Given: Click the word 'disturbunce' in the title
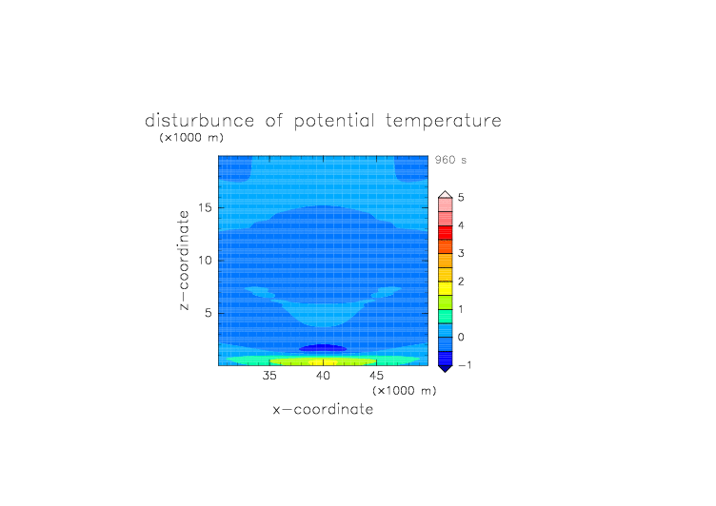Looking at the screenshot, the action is coord(200,121).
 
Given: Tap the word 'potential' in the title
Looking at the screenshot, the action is coord(334,122).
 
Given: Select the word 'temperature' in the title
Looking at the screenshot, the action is coord(444,122).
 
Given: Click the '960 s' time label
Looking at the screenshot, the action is coord(450,160).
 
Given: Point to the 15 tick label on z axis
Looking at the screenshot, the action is coord(205,207).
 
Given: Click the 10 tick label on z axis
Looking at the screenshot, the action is coord(205,261).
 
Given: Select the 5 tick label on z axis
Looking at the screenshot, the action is coord(209,313).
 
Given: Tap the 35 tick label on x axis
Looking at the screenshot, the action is coord(269,376).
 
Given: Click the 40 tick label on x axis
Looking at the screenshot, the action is coord(323,376).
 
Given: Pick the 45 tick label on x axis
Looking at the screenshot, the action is coord(376,376).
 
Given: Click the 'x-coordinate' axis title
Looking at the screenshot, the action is coord(323,409).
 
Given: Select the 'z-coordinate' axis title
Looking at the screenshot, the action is coord(184,260).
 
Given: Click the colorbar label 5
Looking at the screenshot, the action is coord(461,198).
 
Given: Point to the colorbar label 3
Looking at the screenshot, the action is coord(461,253).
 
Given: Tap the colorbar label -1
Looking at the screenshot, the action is coord(465,365).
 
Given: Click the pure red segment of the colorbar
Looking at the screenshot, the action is coord(446,233).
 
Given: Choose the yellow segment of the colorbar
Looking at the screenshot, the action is coord(446,288).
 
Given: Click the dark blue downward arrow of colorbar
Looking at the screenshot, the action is coord(446,369).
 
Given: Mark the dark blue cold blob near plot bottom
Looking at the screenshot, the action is coord(323,348).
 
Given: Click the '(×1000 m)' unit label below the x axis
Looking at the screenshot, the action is coord(405,391).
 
